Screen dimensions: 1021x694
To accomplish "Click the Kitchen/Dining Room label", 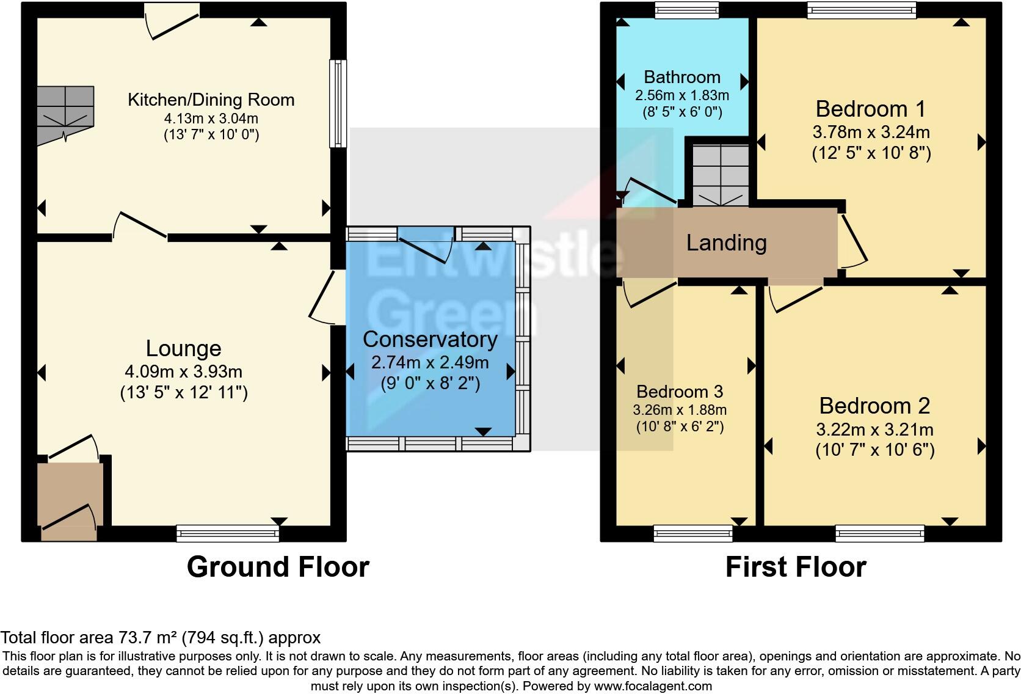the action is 211,100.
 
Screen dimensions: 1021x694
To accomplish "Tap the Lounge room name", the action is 183,348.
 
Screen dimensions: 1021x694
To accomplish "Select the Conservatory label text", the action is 430,339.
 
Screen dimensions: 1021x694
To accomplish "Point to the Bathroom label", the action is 682,77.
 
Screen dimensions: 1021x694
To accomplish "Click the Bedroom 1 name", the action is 871,109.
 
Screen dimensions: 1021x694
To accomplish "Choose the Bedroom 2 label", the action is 874,406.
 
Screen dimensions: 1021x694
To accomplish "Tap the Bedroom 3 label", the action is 680,392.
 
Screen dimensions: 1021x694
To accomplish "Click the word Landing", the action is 726,243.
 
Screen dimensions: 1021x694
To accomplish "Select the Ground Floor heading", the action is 278,567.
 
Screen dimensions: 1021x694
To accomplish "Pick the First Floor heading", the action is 796,567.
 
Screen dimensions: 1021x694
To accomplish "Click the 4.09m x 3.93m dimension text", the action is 183,371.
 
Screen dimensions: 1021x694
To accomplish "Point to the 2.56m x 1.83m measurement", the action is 682,95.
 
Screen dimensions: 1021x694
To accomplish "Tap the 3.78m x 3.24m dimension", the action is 871,132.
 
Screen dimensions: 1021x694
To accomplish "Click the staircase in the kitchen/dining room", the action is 65,114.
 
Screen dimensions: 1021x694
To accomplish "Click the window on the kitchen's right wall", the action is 338,103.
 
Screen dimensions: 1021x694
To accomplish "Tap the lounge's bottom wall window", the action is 228,533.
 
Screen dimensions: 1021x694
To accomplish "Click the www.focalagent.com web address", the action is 653,686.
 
